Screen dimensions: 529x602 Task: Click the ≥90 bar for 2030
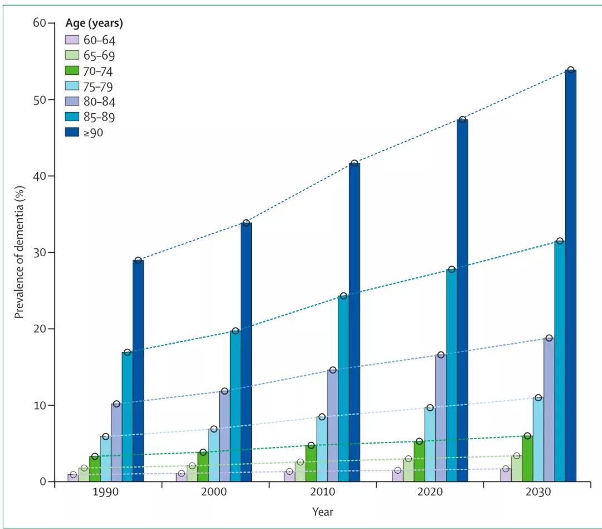[571, 276]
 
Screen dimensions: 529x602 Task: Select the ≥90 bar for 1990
[138, 371]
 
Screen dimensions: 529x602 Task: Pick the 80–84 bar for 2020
[441, 419]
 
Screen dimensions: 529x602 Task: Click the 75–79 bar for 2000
[214, 455]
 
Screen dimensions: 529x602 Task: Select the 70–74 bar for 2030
[527, 459]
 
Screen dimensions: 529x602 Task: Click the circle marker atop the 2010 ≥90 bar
[354, 163]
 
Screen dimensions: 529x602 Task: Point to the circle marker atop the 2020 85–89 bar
[452, 270]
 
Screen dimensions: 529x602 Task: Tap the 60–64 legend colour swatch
[72, 40]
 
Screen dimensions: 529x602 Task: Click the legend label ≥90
[94, 132]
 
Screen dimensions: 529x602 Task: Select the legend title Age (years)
[94, 23]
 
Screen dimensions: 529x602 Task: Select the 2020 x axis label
[430, 493]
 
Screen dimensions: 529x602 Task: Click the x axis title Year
[323, 511]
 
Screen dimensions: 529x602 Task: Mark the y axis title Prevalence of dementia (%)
[20, 252]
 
